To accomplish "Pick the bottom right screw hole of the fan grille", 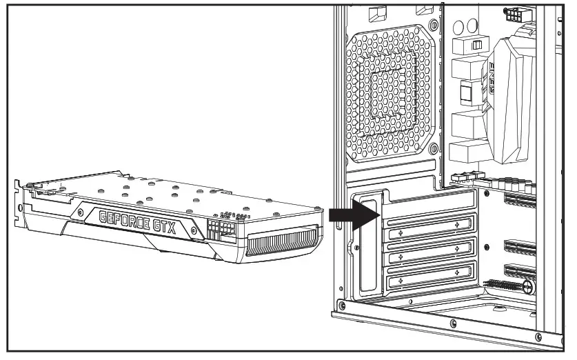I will coord(432,150).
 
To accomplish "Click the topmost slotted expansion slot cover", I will coord(430,226).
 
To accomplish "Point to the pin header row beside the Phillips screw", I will coord(505,283).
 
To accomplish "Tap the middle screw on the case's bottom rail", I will coord(451,323).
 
